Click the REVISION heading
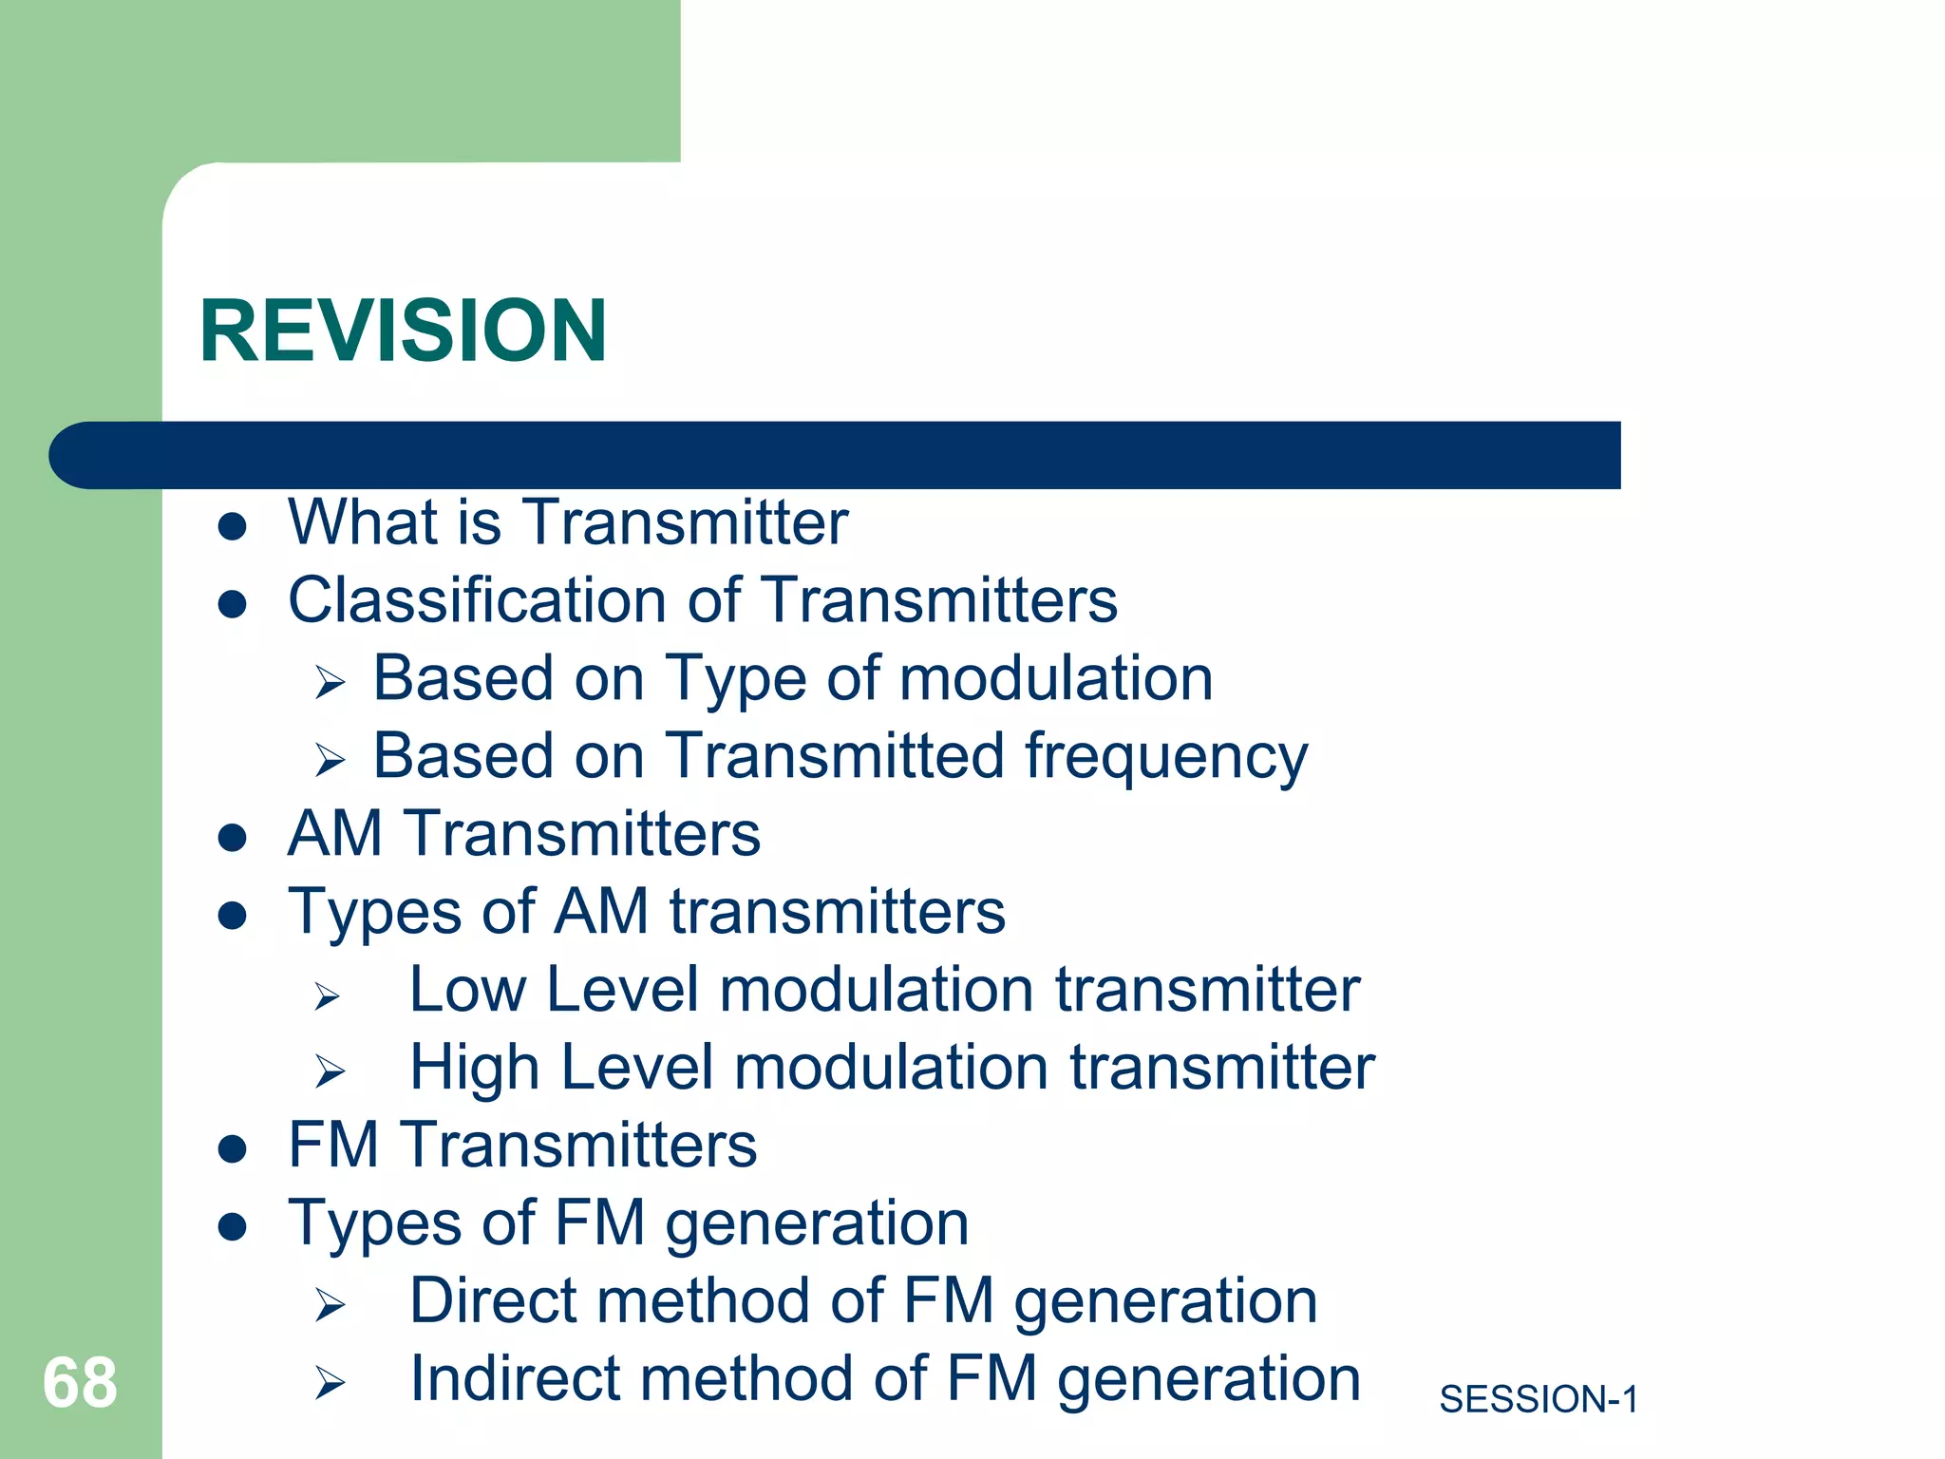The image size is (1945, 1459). pos(403,331)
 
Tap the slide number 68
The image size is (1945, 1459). pos(80,1383)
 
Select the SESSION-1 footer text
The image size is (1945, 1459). pos(1539,1399)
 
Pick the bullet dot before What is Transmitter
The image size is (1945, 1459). pos(233,526)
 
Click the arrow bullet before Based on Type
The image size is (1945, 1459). pos(330,682)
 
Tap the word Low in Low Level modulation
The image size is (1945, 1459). pos(466,990)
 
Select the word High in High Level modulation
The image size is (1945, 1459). pos(474,1068)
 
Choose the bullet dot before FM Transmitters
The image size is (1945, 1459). pos(233,1148)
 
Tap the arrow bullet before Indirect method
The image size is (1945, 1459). pos(330,1383)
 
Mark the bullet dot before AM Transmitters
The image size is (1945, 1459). pos(233,838)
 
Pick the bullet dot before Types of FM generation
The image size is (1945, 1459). pos(233,1226)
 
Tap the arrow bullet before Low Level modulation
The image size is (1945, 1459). pos(328,995)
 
